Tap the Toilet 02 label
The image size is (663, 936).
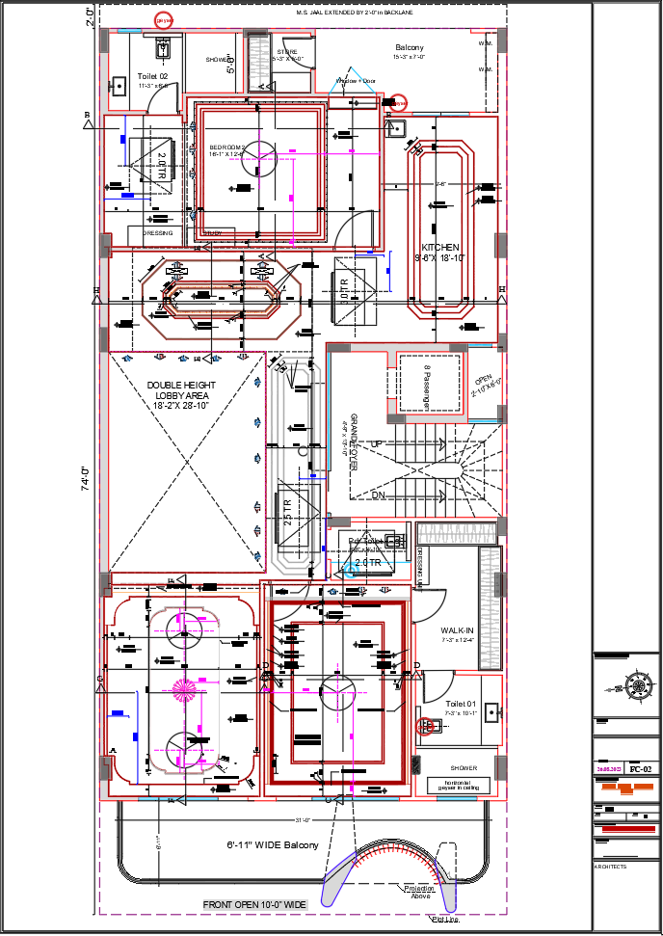coord(152,75)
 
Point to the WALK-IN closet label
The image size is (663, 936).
coord(459,629)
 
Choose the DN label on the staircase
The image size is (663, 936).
coord(379,495)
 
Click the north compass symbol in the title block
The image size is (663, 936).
coord(637,686)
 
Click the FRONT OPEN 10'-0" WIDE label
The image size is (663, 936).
coord(254,904)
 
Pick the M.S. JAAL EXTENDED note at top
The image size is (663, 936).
coord(354,13)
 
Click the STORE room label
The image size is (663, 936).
coord(287,52)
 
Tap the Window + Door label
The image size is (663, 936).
coord(355,81)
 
